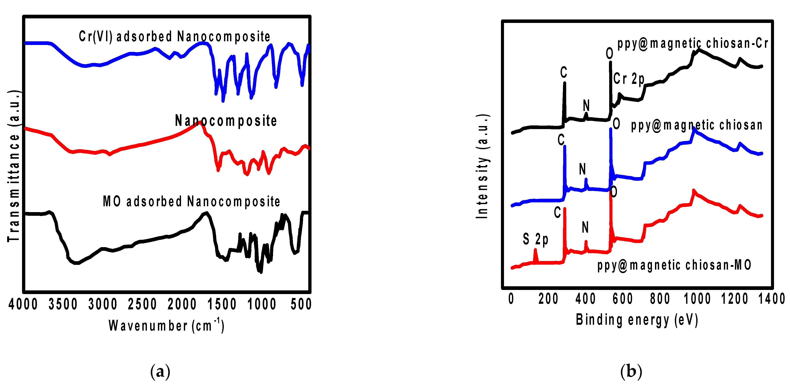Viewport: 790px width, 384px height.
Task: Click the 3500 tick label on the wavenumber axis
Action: pyautogui.click(x=63, y=304)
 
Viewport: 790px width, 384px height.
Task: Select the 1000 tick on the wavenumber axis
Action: pyautogui.click(x=262, y=304)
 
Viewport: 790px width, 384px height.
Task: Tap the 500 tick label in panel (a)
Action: pyautogui.click(x=301, y=304)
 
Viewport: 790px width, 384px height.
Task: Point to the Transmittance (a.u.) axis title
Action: pyautogui.click(x=14, y=166)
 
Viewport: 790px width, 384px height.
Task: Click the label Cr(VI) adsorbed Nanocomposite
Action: pyautogui.click(x=175, y=37)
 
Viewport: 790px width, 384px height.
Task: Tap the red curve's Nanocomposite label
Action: pyautogui.click(x=226, y=121)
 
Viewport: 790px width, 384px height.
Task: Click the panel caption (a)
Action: pyautogui.click(x=160, y=371)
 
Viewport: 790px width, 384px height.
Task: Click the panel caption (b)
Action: pyautogui.click(x=631, y=371)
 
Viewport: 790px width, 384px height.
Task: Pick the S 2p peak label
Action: pyautogui.click(x=535, y=239)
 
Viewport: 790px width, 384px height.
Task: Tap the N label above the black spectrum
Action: pyautogui.click(x=586, y=106)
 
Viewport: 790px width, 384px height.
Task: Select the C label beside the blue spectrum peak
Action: pyautogui.click(x=561, y=140)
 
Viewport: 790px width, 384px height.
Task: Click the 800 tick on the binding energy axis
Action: pyautogui.click(x=660, y=299)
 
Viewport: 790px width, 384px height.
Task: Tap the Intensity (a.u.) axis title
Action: pyautogui.click(x=482, y=167)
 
